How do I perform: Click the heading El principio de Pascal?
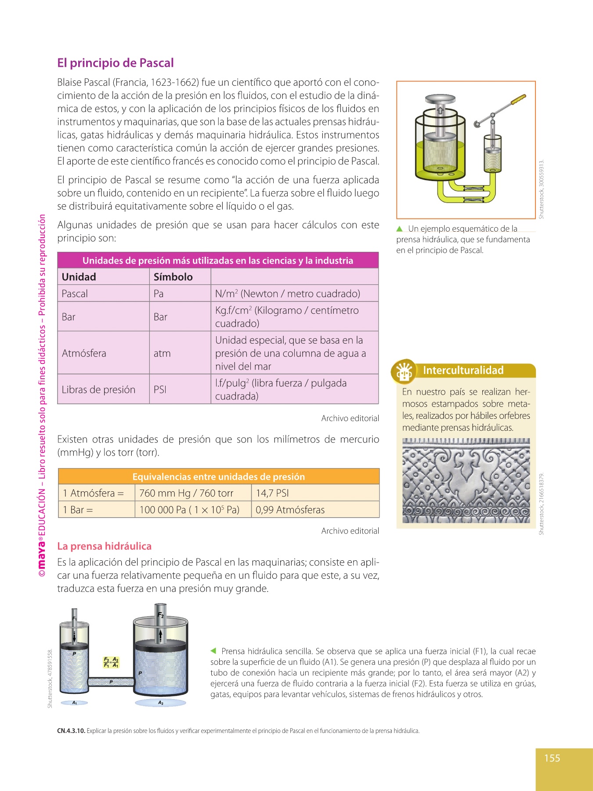point(116,63)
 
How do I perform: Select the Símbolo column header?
point(173,277)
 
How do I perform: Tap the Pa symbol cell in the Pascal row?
point(159,294)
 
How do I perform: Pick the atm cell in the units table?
point(162,353)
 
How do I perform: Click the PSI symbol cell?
point(160,389)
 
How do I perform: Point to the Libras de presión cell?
point(98,389)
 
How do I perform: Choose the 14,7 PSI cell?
point(272,493)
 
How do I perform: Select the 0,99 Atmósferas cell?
point(290,510)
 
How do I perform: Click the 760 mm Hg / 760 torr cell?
point(186,493)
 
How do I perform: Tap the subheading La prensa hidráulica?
point(105,546)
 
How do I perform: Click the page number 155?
point(552,758)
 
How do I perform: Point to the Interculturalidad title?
point(463,370)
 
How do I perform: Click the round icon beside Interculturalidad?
point(404,372)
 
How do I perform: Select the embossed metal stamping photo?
point(466,480)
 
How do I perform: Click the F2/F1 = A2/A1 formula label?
point(111,662)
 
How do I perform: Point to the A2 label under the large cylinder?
point(161,703)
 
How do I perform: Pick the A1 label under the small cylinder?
point(75,703)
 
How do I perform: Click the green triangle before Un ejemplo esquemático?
point(399,229)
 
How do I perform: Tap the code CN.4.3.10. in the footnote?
point(71,731)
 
